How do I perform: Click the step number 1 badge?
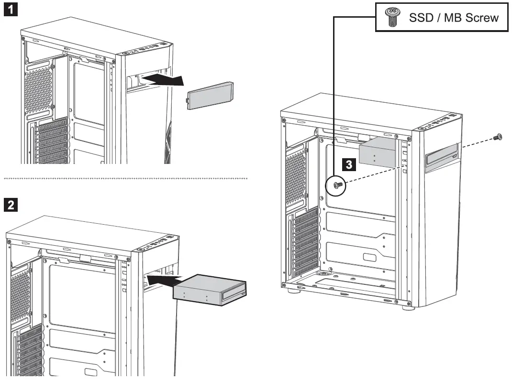[x=11, y=10]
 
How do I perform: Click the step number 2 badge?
[x=11, y=206]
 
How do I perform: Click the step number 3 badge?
[x=350, y=165]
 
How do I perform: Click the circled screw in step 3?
[x=337, y=186]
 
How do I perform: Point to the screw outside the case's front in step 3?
[x=498, y=137]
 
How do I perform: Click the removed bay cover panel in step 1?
[x=211, y=96]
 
